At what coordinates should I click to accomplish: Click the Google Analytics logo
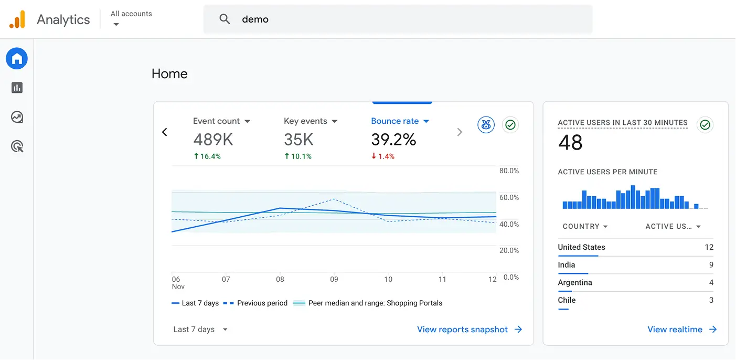click(x=17, y=19)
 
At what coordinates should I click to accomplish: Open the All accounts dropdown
click(x=131, y=19)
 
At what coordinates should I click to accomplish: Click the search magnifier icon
click(x=225, y=19)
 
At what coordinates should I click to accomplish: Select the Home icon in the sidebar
click(x=17, y=58)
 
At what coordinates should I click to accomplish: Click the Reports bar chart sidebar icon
click(x=17, y=88)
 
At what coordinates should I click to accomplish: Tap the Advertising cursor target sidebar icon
click(x=17, y=146)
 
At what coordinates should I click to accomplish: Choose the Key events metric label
click(x=305, y=121)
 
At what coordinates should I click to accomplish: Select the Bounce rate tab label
click(x=394, y=121)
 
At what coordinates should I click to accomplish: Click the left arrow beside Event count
click(x=165, y=132)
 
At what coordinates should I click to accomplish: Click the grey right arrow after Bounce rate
click(x=460, y=132)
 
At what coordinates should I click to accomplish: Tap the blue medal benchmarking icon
click(x=486, y=125)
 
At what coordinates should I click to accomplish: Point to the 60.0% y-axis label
click(x=508, y=198)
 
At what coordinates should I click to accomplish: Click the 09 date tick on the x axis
click(x=334, y=280)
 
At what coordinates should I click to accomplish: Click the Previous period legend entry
click(x=256, y=303)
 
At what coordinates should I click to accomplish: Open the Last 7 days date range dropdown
click(x=201, y=330)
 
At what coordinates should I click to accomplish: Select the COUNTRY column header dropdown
click(x=585, y=227)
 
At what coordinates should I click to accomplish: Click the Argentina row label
click(x=575, y=283)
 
